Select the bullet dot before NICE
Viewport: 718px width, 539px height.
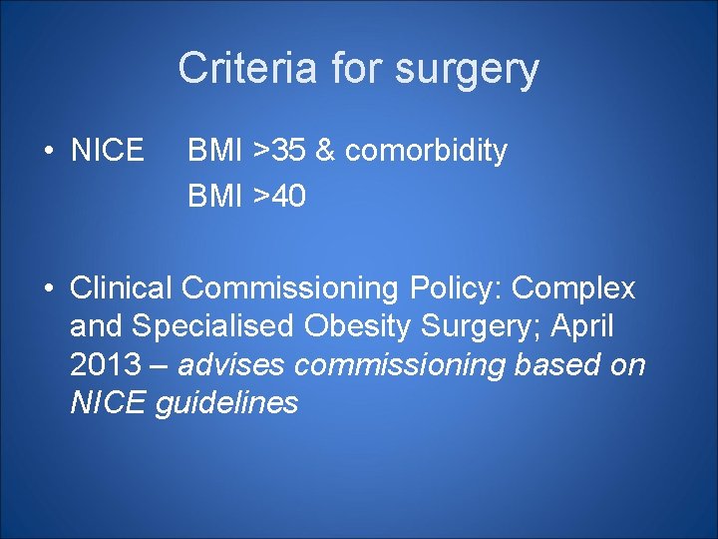click(47, 153)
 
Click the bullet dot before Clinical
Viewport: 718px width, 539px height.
click(47, 289)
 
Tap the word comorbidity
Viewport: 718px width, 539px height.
click(426, 152)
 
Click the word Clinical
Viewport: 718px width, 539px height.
click(123, 288)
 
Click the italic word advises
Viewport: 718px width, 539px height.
click(232, 365)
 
